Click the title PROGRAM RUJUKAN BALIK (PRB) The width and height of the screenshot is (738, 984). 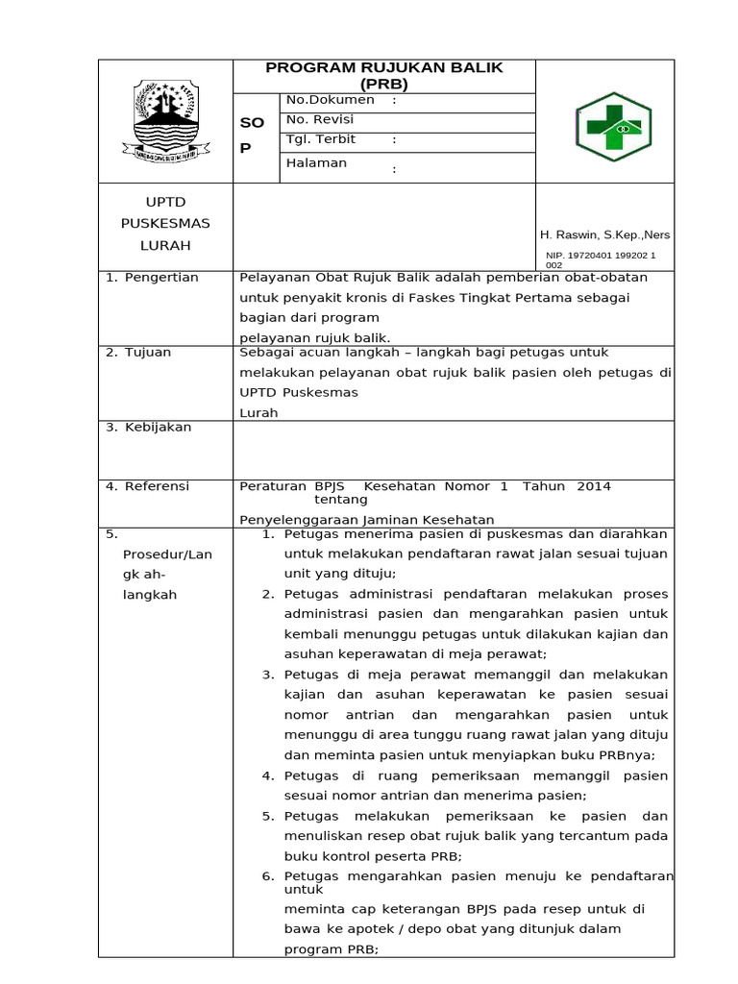(x=384, y=75)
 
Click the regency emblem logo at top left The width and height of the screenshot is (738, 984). (x=165, y=119)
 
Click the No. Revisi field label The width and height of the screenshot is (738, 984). (x=320, y=119)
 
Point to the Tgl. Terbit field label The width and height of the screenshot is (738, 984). (x=321, y=139)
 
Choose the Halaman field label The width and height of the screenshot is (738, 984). (x=316, y=162)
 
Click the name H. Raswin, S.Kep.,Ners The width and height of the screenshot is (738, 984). (x=605, y=234)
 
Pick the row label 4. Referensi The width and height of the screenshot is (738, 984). (x=149, y=486)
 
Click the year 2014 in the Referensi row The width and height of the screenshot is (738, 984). (x=594, y=486)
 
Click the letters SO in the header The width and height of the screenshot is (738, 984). (x=251, y=124)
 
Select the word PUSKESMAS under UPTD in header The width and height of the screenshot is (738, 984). (x=165, y=223)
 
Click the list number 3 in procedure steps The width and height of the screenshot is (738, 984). (x=268, y=675)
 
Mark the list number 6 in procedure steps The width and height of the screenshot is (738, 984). (x=268, y=875)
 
